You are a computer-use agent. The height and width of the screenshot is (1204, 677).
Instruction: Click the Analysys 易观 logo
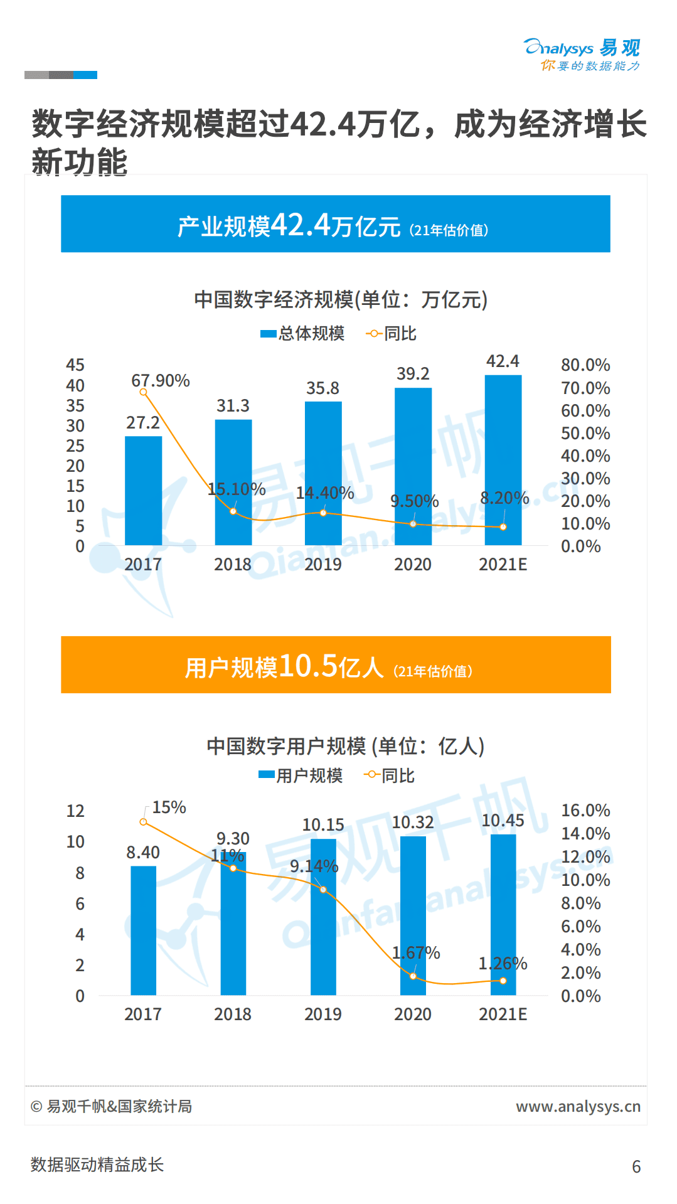pyautogui.click(x=582, y=55)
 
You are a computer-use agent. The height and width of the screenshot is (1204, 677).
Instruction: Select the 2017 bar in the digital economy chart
pyautogui.click(x=143, y=490)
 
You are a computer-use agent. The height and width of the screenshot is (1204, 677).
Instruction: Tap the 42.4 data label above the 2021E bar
pyautogui.click(x=503, y=361)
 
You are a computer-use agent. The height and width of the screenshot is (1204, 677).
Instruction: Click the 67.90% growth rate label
pyautogui.click(x=161, y=381)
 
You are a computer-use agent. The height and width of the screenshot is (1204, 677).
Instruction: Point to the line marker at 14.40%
pyautogui.click(x=323, y=513)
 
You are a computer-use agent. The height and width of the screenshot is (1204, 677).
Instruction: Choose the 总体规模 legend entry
pyautogui.click(x=303, y=334)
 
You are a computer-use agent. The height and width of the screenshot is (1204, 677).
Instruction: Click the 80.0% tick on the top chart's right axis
pyautogui.click(x=585, y=365)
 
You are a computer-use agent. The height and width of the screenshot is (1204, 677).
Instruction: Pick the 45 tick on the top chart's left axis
pyautogui.click(x=75, y=365)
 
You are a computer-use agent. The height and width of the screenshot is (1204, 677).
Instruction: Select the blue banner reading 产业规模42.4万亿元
pyautogui.click(x=335, y=224)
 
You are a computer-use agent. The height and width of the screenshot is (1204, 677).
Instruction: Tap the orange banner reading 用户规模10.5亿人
pyautogui.click(x=335, y=665)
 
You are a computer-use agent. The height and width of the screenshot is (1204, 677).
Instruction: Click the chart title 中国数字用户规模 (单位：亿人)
pyautogui.click(x=345, y=747)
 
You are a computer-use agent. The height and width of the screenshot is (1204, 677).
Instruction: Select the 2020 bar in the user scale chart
pyautogui.click(x=413, y=915)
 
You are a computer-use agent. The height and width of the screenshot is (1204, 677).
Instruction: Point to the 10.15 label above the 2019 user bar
pyautogui.click(x=323, y=825)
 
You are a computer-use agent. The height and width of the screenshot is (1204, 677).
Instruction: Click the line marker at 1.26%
pyautogui.click(x=503, y=981)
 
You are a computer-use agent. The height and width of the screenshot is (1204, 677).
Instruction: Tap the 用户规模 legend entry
pyautogui.click(x=301, y=776)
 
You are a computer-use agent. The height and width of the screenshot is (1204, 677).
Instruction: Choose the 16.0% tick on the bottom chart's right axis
pyautogui.click(x=585, y=811)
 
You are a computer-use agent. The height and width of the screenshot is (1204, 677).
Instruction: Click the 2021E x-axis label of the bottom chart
pyautogui.click(x=503, y=1015)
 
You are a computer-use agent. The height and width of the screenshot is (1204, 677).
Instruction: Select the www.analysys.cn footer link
pyautogui.click(x=578, y=1107)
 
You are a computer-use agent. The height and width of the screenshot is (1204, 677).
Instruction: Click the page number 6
pyautogui.click(x=636, y=1167)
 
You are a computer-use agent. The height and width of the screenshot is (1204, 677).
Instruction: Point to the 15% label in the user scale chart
pyautogui.click(x=169, y=807)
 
